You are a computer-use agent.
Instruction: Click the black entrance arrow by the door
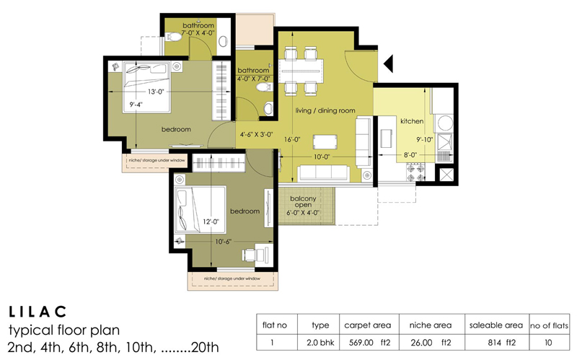tap(387, 64)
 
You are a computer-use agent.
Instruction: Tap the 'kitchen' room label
tap(412, 122)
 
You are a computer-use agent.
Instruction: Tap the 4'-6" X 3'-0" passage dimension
tap(257, 133)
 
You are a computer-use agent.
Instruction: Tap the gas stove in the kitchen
tap(417, 170)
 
